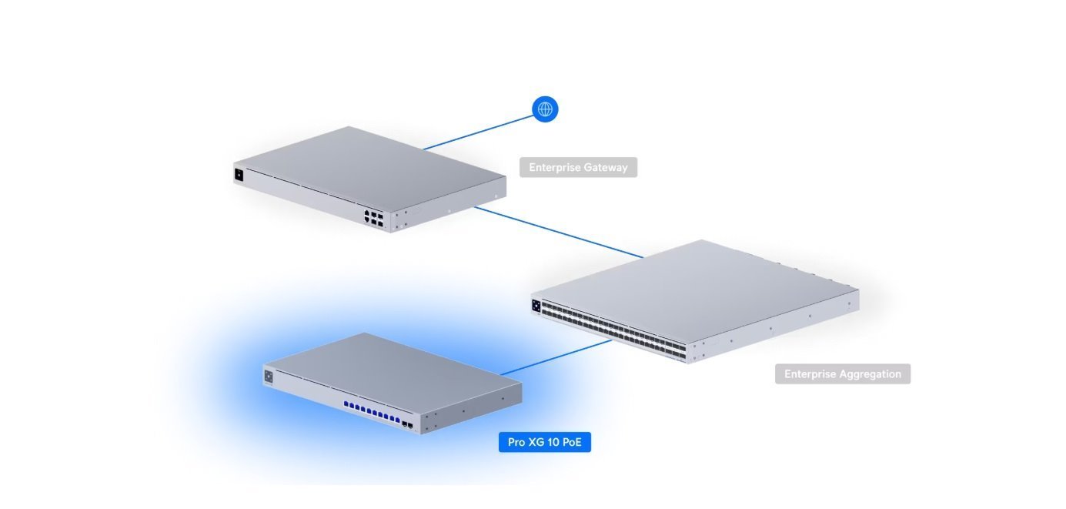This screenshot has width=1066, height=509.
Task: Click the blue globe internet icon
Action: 545,109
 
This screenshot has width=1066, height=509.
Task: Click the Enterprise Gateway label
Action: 578,167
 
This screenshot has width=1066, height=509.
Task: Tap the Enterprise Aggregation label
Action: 842,374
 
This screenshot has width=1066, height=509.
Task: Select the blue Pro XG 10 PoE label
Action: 545,443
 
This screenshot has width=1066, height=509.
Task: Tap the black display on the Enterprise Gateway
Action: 239,175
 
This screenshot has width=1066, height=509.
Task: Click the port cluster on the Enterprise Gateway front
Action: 374,216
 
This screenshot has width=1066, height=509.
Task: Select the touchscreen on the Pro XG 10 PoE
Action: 269,377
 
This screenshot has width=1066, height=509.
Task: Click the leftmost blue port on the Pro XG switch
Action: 347,404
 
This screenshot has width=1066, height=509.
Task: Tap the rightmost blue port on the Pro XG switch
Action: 397,421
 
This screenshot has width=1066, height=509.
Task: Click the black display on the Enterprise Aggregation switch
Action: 536,304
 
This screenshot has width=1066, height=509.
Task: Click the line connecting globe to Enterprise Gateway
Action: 477,131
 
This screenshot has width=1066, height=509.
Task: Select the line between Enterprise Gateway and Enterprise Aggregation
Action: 558,231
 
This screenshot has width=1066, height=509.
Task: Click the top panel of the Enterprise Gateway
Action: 369,166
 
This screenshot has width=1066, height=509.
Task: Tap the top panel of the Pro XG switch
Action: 393,366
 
